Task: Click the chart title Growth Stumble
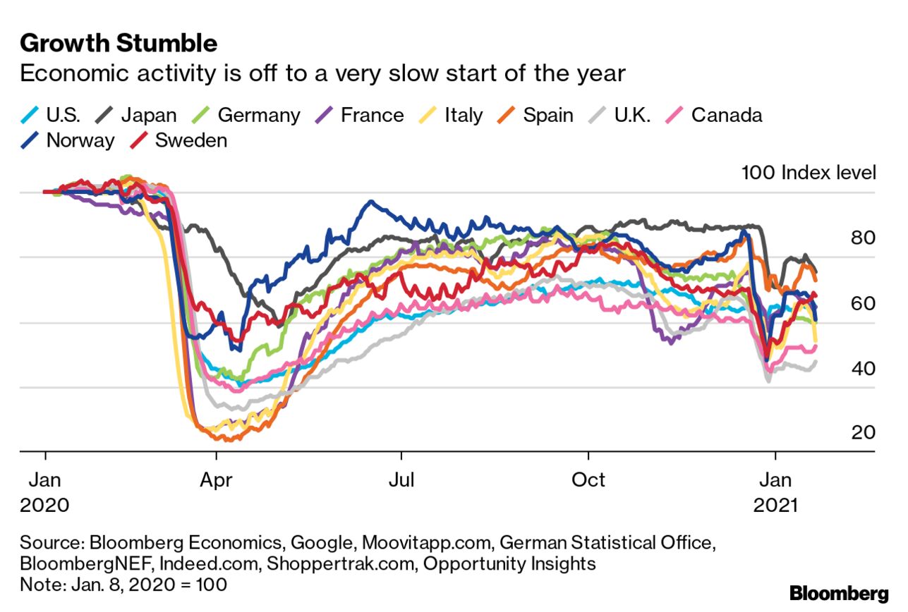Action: pos(119,44)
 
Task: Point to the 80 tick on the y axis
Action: pos(862,238)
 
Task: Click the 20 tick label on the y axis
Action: pos(862,433)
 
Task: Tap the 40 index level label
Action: pos(862,368)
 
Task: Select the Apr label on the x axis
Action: pos(217,480)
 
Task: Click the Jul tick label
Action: pos(401,480)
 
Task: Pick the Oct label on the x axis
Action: pos(588,480)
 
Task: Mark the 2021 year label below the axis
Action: pos(775,506)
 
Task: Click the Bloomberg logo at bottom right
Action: pos(839,592)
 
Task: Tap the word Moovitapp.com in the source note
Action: pos(427,543)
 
